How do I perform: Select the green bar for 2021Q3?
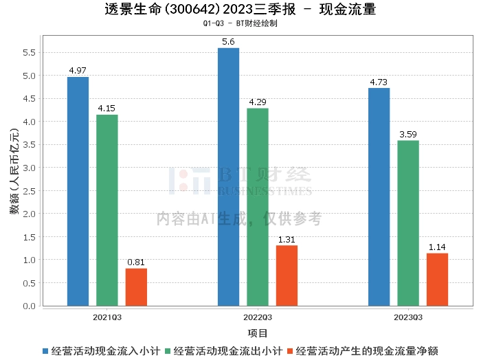pos(107,210)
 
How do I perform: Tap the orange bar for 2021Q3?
pos(136,286)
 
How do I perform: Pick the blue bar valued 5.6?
pos(228,177)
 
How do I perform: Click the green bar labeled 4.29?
pos(258,207)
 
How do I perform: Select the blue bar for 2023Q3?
pos(379,196)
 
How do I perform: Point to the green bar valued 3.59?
pos(408,223)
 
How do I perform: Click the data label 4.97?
pos(78,71)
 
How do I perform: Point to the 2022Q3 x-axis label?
pos(258,317)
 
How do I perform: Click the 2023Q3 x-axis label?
pos(408,317)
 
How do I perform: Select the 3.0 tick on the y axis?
pos(28,168)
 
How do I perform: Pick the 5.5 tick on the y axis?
pos(28,53)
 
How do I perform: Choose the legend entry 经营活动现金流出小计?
pos(227,351)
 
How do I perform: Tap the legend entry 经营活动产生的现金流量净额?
pos(370,351)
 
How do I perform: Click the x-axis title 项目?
pos(258,333)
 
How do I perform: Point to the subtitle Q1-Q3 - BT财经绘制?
pos(240,23)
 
